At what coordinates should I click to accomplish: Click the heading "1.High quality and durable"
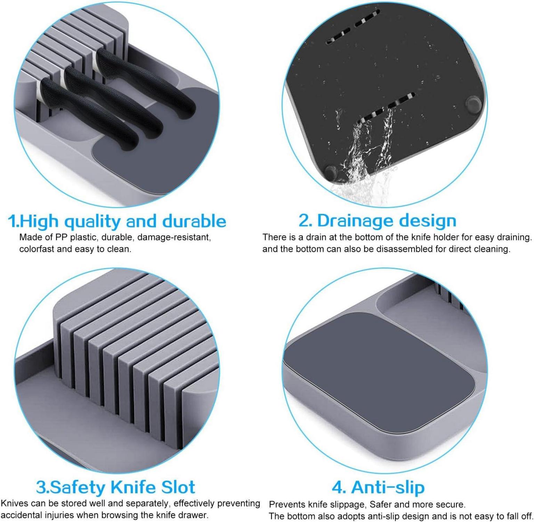click(117, 221)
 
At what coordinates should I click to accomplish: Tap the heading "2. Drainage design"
click(377, 220)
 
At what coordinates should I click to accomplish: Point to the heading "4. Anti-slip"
click(378, 487)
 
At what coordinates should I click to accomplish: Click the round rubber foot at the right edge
click(474, 104)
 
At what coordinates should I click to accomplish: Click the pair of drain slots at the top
click(352, 27)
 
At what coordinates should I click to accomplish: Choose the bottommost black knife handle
click(89, 114)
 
